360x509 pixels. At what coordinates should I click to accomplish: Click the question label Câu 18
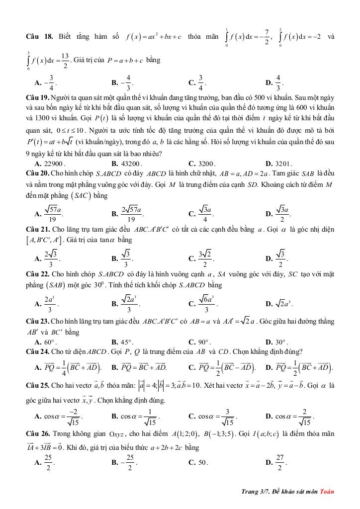coord(39,37)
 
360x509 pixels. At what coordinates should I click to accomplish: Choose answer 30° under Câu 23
coord(282,342)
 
